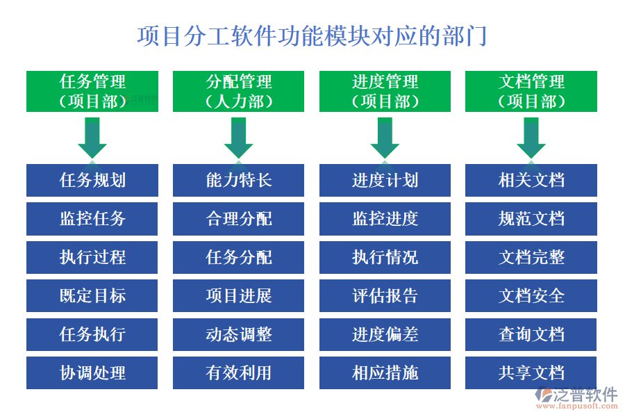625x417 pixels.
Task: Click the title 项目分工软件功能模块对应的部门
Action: click(x=312, y=35)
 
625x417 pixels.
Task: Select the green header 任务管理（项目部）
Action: click(x=92, y=91)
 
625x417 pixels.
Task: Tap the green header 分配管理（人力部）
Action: click(x=239, y=91)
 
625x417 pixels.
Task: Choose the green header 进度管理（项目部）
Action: click(x=385, y=91)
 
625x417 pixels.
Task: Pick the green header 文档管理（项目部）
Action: click(x=531, y=91)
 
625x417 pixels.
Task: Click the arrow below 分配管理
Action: click(x=239, y=137)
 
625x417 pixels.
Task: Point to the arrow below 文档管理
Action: click(x=531, y=137)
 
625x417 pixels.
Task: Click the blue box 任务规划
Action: click(x=92, y=180)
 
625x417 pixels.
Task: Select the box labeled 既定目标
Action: click(x=92, y=295)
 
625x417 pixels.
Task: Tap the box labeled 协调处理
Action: click(x=92, y=373)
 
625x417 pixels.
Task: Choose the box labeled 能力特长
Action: click(x=239, y=180)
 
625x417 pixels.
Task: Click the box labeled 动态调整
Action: click(x=239, y=334)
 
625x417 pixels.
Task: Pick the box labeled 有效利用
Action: click(x=239, y=373)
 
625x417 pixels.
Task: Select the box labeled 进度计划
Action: click(x=385, y=180)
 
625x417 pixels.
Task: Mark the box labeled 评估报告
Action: click(x=385, y=295)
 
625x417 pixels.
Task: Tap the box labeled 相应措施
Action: click(x=385, y=373)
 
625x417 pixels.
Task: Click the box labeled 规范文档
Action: click(x=531, y=219)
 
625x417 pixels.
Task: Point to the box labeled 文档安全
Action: click(x=531, y=295)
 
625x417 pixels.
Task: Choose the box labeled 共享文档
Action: click(x=531, y=373)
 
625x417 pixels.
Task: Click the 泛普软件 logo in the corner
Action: click(x=577, y=398)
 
